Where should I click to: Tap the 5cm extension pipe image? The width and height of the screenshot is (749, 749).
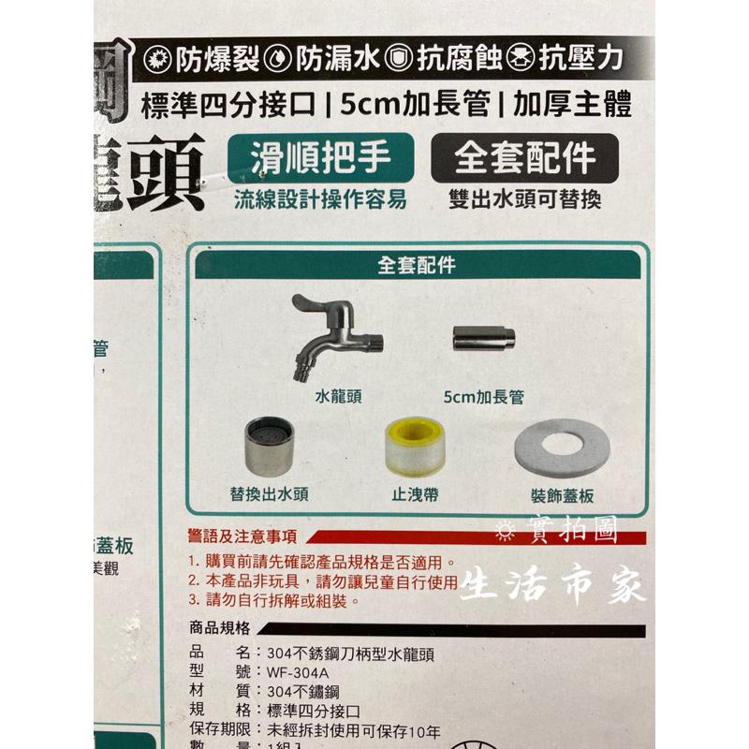click(483, 338)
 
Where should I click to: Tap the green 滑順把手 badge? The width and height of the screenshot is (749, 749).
click(320, 158)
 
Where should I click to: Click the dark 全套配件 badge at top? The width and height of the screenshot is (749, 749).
click(524, 159)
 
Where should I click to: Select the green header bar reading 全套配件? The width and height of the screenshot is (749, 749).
click(417, 265)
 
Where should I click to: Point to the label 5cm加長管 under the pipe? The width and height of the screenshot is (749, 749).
click(484, 397)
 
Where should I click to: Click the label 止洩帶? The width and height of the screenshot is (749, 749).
click(416, 496)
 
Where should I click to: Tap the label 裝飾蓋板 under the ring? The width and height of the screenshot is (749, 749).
click(560, 497)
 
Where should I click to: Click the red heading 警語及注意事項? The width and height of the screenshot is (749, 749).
click(242, 537)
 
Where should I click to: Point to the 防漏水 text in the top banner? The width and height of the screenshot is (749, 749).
click(327, 60)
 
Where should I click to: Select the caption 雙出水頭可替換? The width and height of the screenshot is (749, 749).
click(524, 200)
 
